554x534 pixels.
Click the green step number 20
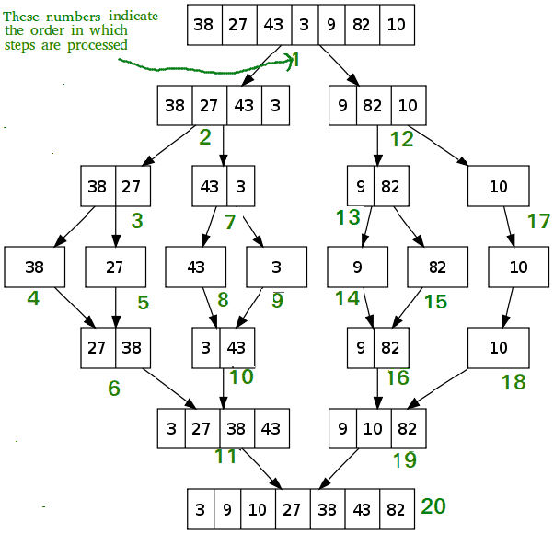tap(433, 506)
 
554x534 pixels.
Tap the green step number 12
tap(402, 139)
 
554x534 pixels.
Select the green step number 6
tap(114, 388)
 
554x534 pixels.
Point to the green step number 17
tap(538, 221)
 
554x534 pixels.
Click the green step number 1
tap(296, 60)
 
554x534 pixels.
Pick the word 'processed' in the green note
tap(98, 46)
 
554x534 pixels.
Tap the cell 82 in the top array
tap(363, 25)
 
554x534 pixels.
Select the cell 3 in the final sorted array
tap(201, 509)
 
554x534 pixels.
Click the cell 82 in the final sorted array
tap(397, 509)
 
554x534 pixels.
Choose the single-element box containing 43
tap(196, 267)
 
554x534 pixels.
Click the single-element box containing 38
tap(35, 267)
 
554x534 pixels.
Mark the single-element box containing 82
tap(438, 267)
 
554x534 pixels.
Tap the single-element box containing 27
tap(116, 267)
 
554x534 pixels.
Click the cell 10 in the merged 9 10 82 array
tap(374, 429)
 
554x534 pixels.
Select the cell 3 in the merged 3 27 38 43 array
tap(171, 429)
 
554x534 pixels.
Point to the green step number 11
tap(225, 457)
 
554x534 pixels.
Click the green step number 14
tap(347, 298)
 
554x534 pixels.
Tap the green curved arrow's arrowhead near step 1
tap(291, 62)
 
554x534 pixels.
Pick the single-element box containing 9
tap(358, 267)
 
